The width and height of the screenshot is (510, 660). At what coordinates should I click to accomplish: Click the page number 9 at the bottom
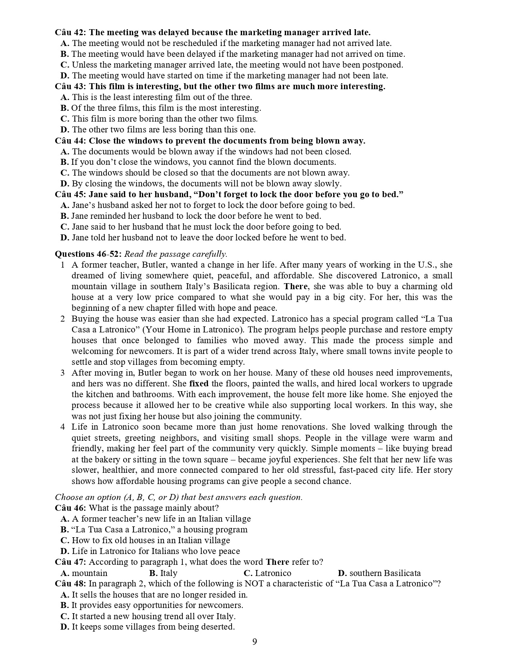tap(255, 642)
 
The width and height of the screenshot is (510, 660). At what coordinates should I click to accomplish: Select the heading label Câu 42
tap(70, 32)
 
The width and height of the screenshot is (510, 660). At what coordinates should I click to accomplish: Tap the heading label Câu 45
tap(70, 194)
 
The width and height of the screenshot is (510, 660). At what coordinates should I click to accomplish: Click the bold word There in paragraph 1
tap(296, 286)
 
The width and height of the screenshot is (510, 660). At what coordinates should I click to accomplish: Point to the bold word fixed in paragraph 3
tap(199, 384)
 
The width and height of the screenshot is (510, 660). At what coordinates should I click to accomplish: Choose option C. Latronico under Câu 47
tap(267, 573)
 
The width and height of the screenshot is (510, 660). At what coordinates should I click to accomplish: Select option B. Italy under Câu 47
tap(163, 573)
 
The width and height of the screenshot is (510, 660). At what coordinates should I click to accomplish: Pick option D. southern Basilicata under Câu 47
tap(379, 573)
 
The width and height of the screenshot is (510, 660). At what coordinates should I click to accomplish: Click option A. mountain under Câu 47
tap(84, 573)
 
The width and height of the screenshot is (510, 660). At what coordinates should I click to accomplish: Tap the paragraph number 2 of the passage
tap(63, 319)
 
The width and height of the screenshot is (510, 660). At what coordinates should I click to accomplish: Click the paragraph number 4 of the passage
tap(63, 427)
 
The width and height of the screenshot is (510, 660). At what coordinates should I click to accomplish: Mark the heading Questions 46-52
tap(88, 254)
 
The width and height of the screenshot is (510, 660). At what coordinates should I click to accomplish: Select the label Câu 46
tap(70, 508)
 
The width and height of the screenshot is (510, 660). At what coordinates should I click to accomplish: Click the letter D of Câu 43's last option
tap(65, 130)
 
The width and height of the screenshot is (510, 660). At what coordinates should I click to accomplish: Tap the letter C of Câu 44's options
tap(65, 173)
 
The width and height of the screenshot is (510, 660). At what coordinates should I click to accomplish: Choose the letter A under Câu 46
tap(65, 519)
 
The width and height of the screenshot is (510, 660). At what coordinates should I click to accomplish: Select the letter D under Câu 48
tap(65, 627)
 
